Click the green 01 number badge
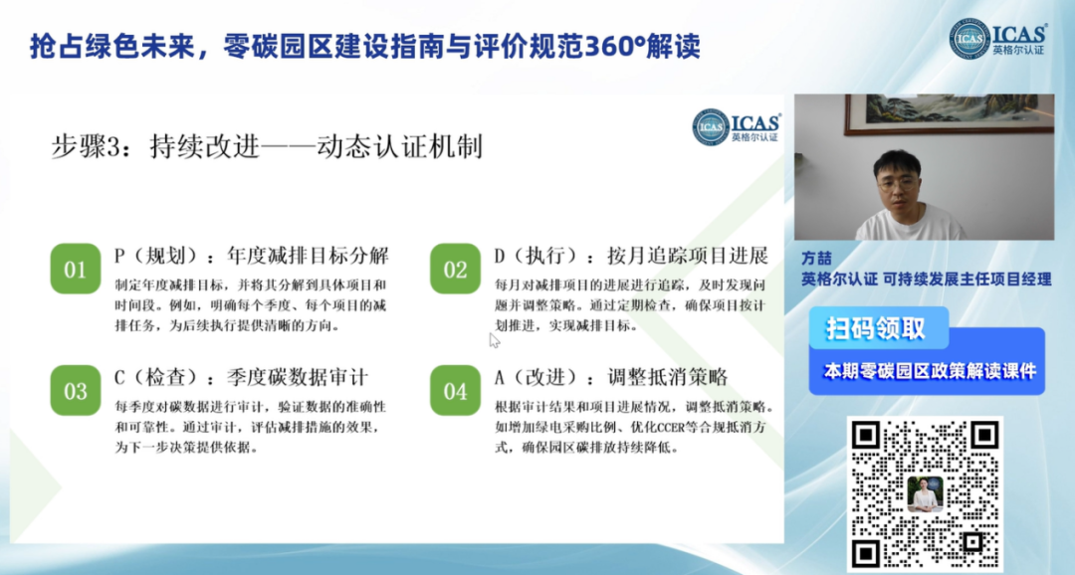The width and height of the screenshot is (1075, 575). tap(76, 269)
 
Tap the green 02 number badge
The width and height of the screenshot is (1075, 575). tap(455, 269)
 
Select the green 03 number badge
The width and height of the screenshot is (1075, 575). tap(76, 391)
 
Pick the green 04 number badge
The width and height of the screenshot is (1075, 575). tap(455, 391)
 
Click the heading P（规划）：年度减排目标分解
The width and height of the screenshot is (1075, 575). tap(252, 257)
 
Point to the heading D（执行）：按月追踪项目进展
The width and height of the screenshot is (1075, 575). tap(631, 257)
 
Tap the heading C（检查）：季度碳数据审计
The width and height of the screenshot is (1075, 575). tap(241, 378)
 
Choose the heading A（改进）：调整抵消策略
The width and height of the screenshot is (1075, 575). tap(611, 378)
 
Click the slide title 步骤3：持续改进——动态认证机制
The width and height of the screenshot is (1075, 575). tap(267, 146)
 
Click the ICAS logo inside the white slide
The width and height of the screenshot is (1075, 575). tap(737, 126)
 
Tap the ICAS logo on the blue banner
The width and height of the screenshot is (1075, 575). tap(998, 39)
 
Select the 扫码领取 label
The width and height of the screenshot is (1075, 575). tap(876, 329)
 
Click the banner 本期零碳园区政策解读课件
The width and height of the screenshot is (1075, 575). tap(930, 371)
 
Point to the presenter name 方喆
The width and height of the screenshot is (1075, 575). tap(816, 259)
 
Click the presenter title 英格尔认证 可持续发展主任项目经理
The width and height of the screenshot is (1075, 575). tap(927, 279)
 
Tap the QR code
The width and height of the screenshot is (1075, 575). tap(925, 493)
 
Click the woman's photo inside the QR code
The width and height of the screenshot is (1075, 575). tap(925, 494)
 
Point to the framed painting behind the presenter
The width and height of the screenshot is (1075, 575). tap(950, 113)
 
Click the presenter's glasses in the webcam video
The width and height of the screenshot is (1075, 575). tap(898, 184)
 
